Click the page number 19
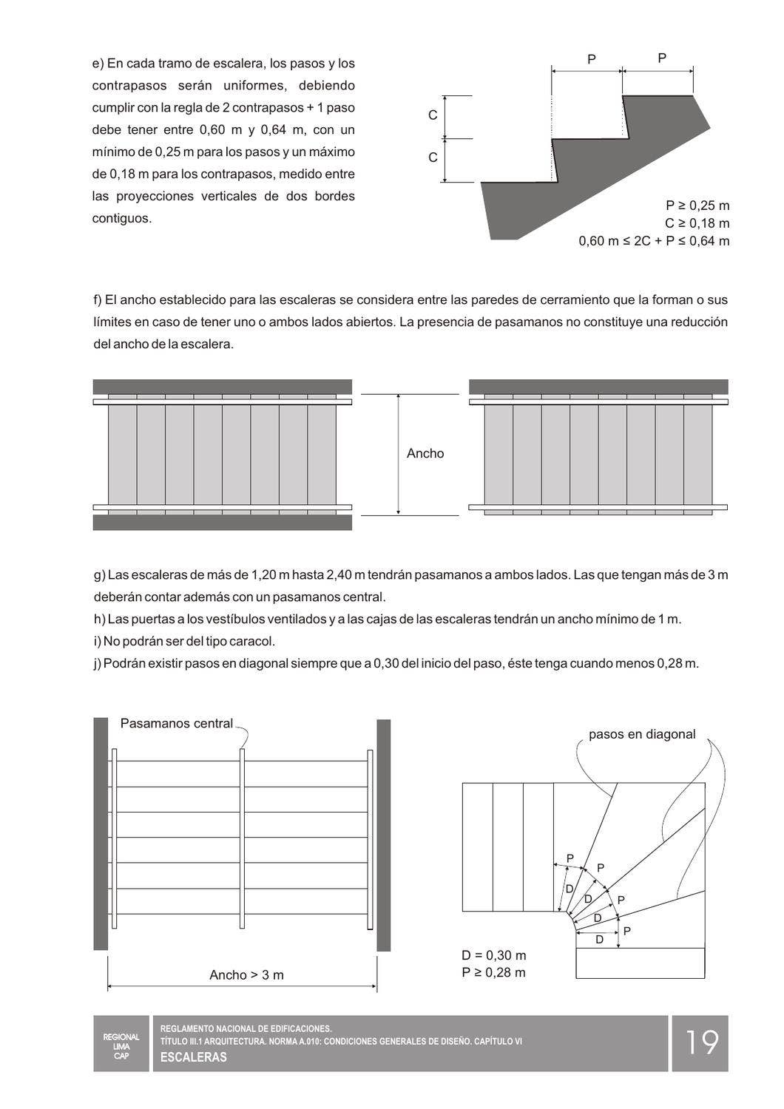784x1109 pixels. tap(700, 1042)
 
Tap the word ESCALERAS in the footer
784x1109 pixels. tap(194, 1057)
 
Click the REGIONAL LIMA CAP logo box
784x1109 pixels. tap(121, 1042)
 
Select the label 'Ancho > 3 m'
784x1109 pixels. tap(246, 975)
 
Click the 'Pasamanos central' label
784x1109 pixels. tap(176, 724)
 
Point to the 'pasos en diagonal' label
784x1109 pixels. tap(641, 734)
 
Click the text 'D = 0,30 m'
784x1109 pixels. tap(494, 955)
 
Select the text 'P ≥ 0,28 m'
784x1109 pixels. tap(494, 973)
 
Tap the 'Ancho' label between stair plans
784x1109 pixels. tap(425, 454)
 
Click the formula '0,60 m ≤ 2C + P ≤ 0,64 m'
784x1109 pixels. tap(654, 241)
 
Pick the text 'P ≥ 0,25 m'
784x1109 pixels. tap(697, 206)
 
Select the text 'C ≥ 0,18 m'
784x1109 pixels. tap(697, 223)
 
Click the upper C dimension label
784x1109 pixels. tap(433, 116)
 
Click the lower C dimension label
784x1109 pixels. tap(433, 158)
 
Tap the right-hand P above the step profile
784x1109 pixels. tap(661, 58)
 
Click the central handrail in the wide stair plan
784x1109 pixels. tap(242, 839)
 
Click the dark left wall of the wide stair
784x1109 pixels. tap(101, 834)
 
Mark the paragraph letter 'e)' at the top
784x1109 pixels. tap(98, 64)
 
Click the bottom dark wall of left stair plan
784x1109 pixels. tap(222, 523)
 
